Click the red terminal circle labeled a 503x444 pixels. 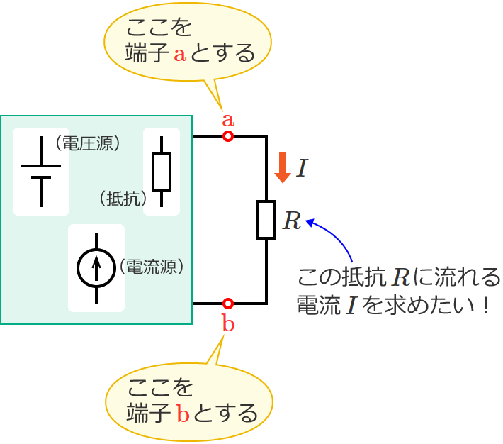[x=228, y=135]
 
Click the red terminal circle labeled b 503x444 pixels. [x=228, y=304]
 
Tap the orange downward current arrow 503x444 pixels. [x=283, y=167]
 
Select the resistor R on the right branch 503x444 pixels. [x=266, y=219]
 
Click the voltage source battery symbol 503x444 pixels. [x=41, y=171]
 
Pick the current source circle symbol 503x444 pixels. [x=96, y=267]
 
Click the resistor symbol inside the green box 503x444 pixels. [x=162, y=171]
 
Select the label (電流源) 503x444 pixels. [x=152, y=267]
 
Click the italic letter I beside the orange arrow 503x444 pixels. [x=303, y=169]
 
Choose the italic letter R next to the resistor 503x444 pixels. [x=292, y=221]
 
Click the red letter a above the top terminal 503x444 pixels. [x=228, y=119]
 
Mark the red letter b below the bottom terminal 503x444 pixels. [x=228, y=324]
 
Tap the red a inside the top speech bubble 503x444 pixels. [x=179, y=54]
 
